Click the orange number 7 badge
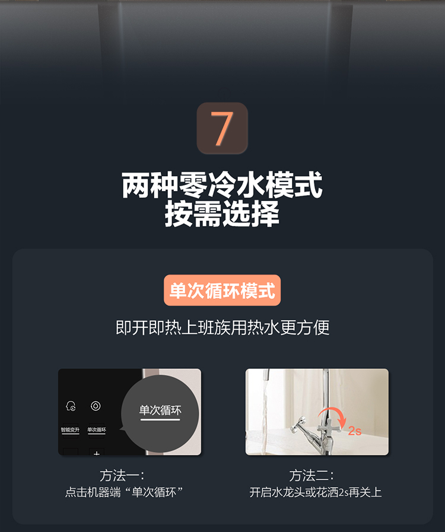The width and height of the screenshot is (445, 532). click(x=223, y=128)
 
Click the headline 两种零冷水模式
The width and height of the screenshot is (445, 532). click(x=222, y=185)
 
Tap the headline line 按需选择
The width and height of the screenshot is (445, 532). click(x=222, y=214)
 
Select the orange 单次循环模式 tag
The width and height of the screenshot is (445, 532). click(x=223, y=291)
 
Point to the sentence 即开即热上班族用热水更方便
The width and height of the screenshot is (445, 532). click(x=223, y=328)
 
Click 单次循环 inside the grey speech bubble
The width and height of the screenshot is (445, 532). click(x=160, y=410)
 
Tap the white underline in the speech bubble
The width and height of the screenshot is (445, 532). click(x=160, y=420)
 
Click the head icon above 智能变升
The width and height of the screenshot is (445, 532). click(x=71, y=406)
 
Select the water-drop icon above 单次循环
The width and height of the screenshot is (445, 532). click(x=96, y=406)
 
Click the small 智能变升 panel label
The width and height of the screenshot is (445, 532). click(x=70, y=430)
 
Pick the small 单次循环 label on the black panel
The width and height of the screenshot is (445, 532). click(x=97, y=430)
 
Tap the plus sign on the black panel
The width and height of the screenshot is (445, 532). click(x=97, y=453)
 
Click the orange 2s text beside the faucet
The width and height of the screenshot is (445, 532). click(x=355, y=431)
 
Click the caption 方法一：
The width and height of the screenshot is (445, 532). click(x=122, y=476)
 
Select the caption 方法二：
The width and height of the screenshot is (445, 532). click(x=311, y=476)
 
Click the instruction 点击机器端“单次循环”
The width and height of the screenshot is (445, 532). click(x=124, y=492)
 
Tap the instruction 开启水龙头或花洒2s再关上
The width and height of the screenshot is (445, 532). click(x=316, y=492)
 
